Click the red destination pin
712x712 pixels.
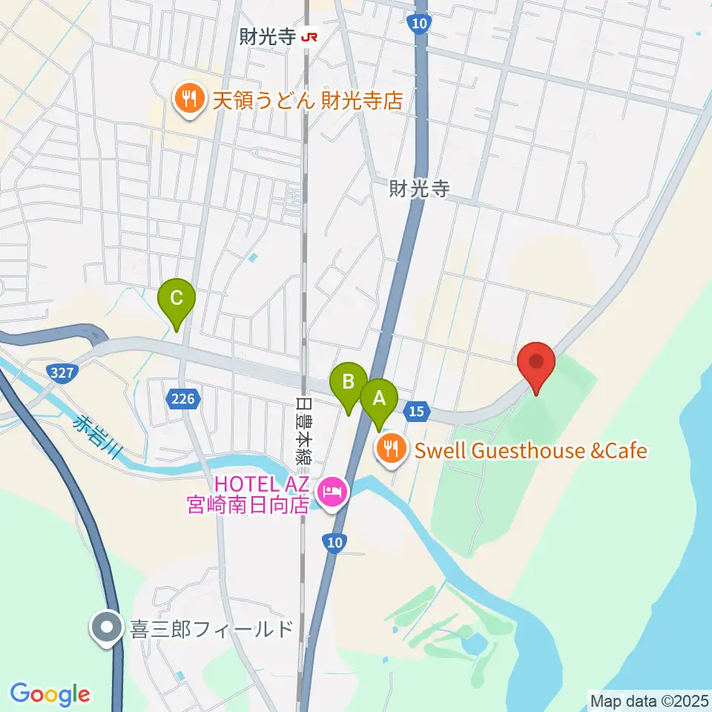(537, 363)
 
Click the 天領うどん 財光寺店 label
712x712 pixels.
(307, 100)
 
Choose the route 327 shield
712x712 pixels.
(62, 373)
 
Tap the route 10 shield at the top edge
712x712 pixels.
(420, 24)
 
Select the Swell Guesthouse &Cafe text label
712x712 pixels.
(530, 450)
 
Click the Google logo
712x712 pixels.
(50, 694)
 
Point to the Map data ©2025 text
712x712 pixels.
(649, 700)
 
